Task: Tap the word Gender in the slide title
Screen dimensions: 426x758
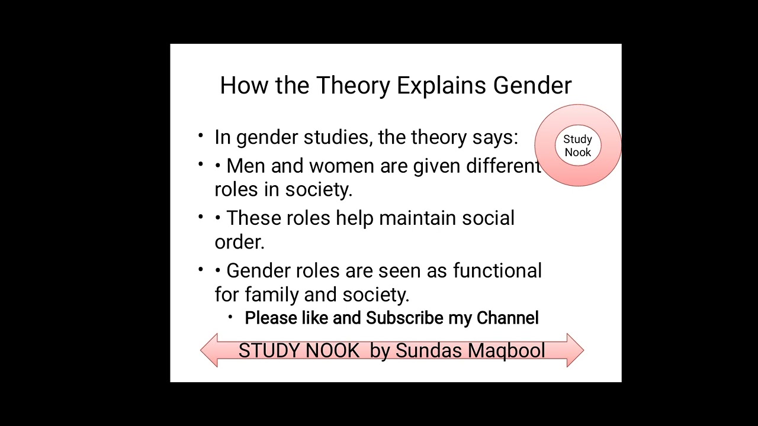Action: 532,86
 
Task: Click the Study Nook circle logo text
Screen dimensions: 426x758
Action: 577,146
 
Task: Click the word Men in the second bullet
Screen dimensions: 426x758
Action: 245,166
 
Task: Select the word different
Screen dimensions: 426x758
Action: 503,166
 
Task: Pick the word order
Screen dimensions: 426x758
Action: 239,242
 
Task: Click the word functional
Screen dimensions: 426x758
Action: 497,271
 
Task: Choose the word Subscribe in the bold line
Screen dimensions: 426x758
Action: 404,318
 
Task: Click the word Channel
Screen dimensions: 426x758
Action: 508,318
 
